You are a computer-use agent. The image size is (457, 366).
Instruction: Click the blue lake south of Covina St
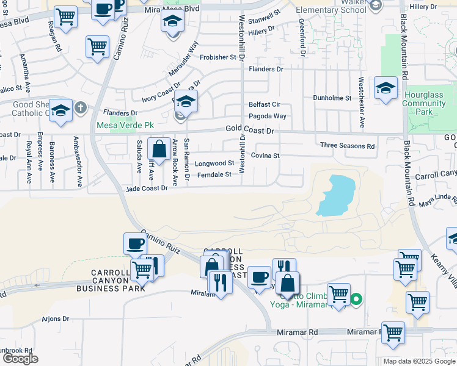point(335,196)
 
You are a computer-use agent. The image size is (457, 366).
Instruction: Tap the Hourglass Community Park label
point(424,104)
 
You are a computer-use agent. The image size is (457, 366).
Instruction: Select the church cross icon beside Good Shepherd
point(79,108)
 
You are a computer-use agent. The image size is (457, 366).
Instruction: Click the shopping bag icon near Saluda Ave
point(159,149)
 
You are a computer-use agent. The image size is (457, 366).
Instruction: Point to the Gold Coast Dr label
point(249,130)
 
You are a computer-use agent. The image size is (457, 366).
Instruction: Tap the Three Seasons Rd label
point(347,146)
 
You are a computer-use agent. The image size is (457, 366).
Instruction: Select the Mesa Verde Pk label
point(123,126)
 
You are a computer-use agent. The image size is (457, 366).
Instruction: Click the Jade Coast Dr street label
point(147,189)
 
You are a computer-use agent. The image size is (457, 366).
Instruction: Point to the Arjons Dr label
point(56,318)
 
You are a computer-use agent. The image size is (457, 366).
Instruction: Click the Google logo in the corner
point(20,359)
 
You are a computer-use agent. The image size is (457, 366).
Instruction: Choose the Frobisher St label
point(218,57)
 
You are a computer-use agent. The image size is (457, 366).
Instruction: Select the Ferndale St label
point(214,175)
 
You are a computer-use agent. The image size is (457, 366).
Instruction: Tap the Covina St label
point(265,156)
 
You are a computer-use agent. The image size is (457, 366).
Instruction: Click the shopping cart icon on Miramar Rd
point(393,333)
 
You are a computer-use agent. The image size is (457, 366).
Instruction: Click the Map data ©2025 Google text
point(419,361)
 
